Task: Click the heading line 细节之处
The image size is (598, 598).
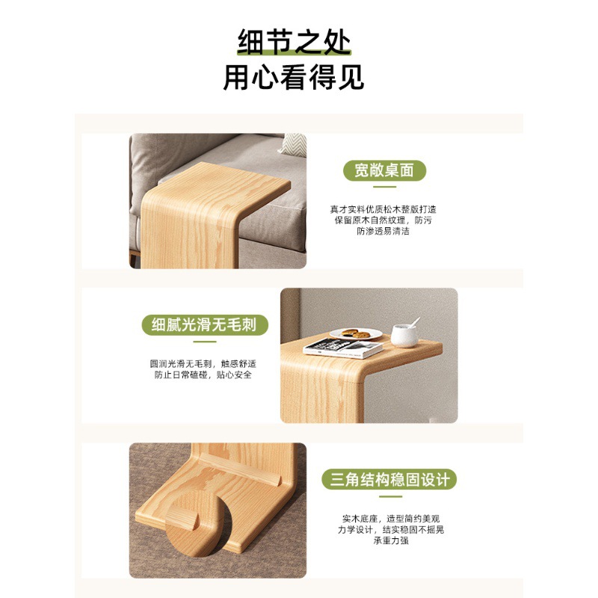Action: click(294, 42)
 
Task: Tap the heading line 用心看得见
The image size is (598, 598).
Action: click(294, 78)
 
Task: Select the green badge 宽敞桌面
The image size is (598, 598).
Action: click(384, 170)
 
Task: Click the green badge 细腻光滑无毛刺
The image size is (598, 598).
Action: click(205, 325)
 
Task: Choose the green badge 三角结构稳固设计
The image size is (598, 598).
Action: click(389, 479)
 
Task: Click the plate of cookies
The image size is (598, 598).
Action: click(356, 334)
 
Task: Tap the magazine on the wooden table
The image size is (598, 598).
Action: click(342, 348)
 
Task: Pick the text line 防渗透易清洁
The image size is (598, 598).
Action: click(383, 231)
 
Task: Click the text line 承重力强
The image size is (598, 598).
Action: click(391, 540)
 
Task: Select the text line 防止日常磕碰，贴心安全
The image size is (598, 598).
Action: click(203, 375)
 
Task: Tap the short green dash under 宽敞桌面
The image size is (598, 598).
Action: click(384, 187)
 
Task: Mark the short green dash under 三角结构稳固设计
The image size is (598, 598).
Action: click(390, 496)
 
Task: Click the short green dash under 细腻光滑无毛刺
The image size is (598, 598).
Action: click(205, 342)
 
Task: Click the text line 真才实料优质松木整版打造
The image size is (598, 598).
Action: click(383, 209)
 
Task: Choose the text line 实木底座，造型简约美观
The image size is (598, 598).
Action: click(391, 519)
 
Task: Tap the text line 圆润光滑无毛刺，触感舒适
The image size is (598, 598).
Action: click(203, 364)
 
